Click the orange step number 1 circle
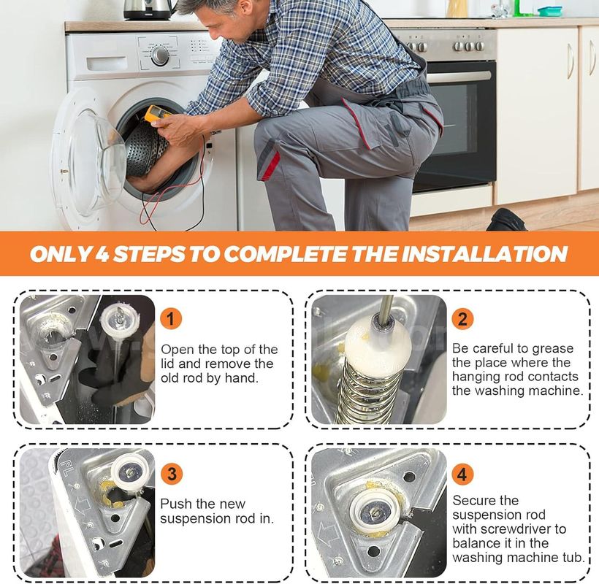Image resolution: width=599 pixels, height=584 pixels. [171, 319]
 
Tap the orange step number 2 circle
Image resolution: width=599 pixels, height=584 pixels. [462, 319]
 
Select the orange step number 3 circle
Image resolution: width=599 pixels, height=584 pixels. [172, 474]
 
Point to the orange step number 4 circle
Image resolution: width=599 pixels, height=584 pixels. [462, 474]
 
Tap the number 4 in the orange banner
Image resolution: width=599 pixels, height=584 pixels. [102, 254]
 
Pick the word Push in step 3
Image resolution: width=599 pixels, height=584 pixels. [176, 504]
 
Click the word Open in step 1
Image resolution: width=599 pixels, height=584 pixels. [178, 349]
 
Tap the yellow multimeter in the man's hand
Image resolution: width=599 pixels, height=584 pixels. [158, 114]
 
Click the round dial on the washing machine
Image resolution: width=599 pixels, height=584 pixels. [160, 55]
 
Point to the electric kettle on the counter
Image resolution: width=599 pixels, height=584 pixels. [149, 9]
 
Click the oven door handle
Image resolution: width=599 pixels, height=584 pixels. [458, 76]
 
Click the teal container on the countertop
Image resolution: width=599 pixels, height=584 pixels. [550, 11]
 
